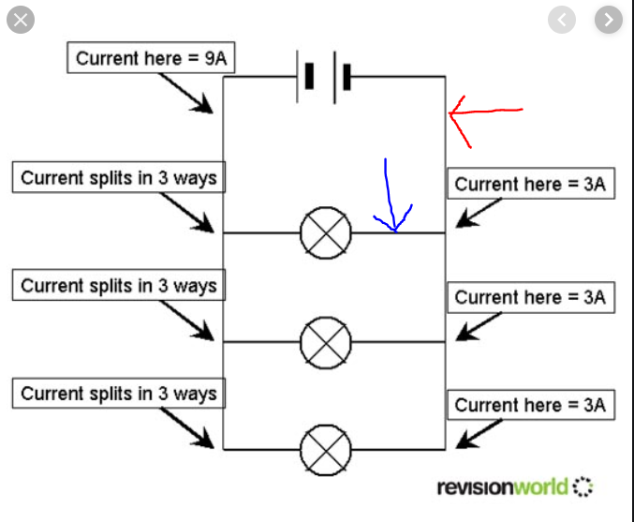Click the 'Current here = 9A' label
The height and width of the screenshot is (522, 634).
coord(151,58)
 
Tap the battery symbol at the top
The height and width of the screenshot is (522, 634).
coord(323,77)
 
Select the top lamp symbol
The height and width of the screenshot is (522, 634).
coord(326,232)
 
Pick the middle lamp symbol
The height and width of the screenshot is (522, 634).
coord(326,342)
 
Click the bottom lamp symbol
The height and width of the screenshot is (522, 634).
coord(326,450)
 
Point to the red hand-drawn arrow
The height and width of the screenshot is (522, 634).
coord(485,111)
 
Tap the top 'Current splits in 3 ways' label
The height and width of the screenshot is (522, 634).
coord(119,178)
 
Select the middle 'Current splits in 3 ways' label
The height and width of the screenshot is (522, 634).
coord(119,285)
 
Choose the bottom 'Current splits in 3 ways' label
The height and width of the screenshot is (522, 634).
coord(119,394)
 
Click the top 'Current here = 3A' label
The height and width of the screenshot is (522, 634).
coord(531,184)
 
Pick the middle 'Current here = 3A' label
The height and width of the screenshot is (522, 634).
coord(531,297)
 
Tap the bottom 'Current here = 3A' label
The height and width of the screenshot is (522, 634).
coord(531,405)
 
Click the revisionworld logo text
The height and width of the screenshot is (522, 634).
coord(503,486)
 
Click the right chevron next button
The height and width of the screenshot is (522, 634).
coord(609,20)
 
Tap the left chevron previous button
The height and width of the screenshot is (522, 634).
coord(562,20)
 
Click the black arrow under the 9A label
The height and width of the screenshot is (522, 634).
coord(185,93)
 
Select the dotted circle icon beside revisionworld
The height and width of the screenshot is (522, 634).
coord(582,486)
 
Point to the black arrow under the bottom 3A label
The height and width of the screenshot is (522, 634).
coord(479,434)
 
